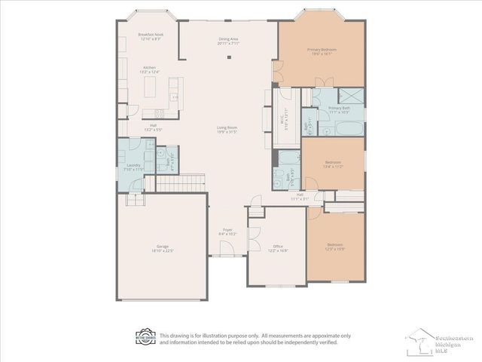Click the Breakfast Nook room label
(151, 36)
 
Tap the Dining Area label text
(229, 41)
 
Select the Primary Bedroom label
(322, 51)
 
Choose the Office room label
(277, 248)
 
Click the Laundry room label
(133, 167)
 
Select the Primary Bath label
(339, 110)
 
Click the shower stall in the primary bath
(349, 96)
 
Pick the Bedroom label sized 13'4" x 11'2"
(333, 164)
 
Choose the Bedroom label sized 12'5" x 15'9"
(335, 246)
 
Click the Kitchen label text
(150, 70)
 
